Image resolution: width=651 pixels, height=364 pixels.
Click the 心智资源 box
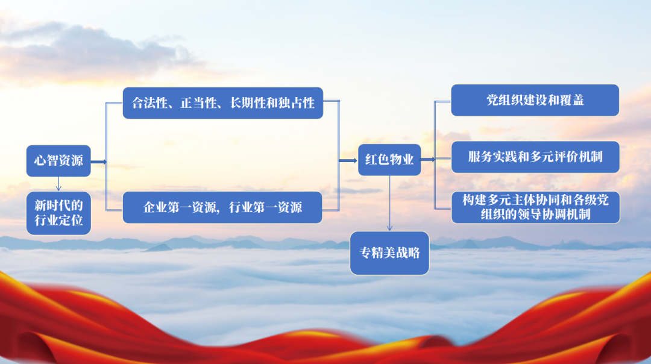58,161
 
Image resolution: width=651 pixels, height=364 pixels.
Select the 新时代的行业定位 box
58,213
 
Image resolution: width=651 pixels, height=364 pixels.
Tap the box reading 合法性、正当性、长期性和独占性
223,103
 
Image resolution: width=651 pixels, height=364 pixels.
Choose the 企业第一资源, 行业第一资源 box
222,207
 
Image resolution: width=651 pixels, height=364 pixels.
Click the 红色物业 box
389,160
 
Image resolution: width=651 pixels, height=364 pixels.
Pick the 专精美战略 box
389,253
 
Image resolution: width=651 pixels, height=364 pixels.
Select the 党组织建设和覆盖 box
535,100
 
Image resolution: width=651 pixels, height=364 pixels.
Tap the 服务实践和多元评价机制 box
535,157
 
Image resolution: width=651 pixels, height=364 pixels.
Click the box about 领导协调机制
536,207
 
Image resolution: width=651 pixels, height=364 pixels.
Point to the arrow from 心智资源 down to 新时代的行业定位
58,184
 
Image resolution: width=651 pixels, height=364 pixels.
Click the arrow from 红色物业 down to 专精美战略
389,203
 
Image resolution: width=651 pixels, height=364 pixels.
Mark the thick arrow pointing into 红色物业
348,161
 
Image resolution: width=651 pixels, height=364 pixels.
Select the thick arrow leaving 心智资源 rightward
99,162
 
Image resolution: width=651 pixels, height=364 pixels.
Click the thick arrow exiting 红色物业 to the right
428,159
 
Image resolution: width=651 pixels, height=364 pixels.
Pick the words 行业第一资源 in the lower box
266,207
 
